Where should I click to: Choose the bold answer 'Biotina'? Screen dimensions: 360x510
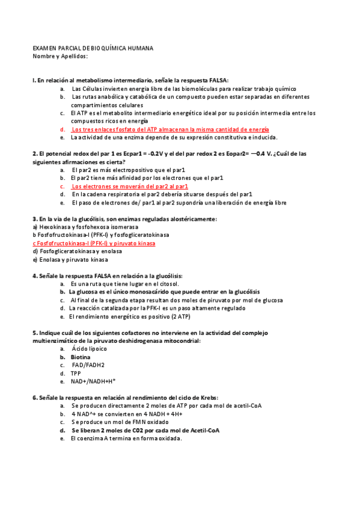click(81, 357)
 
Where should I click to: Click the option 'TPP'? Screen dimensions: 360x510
click(76, 373)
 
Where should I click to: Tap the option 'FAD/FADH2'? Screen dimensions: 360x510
click(88, 365)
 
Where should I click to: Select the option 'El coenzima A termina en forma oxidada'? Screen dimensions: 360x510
click(126, 438)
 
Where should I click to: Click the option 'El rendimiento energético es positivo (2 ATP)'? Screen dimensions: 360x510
click(130, 316)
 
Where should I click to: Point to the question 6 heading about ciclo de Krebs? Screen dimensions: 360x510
click(125, 398)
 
